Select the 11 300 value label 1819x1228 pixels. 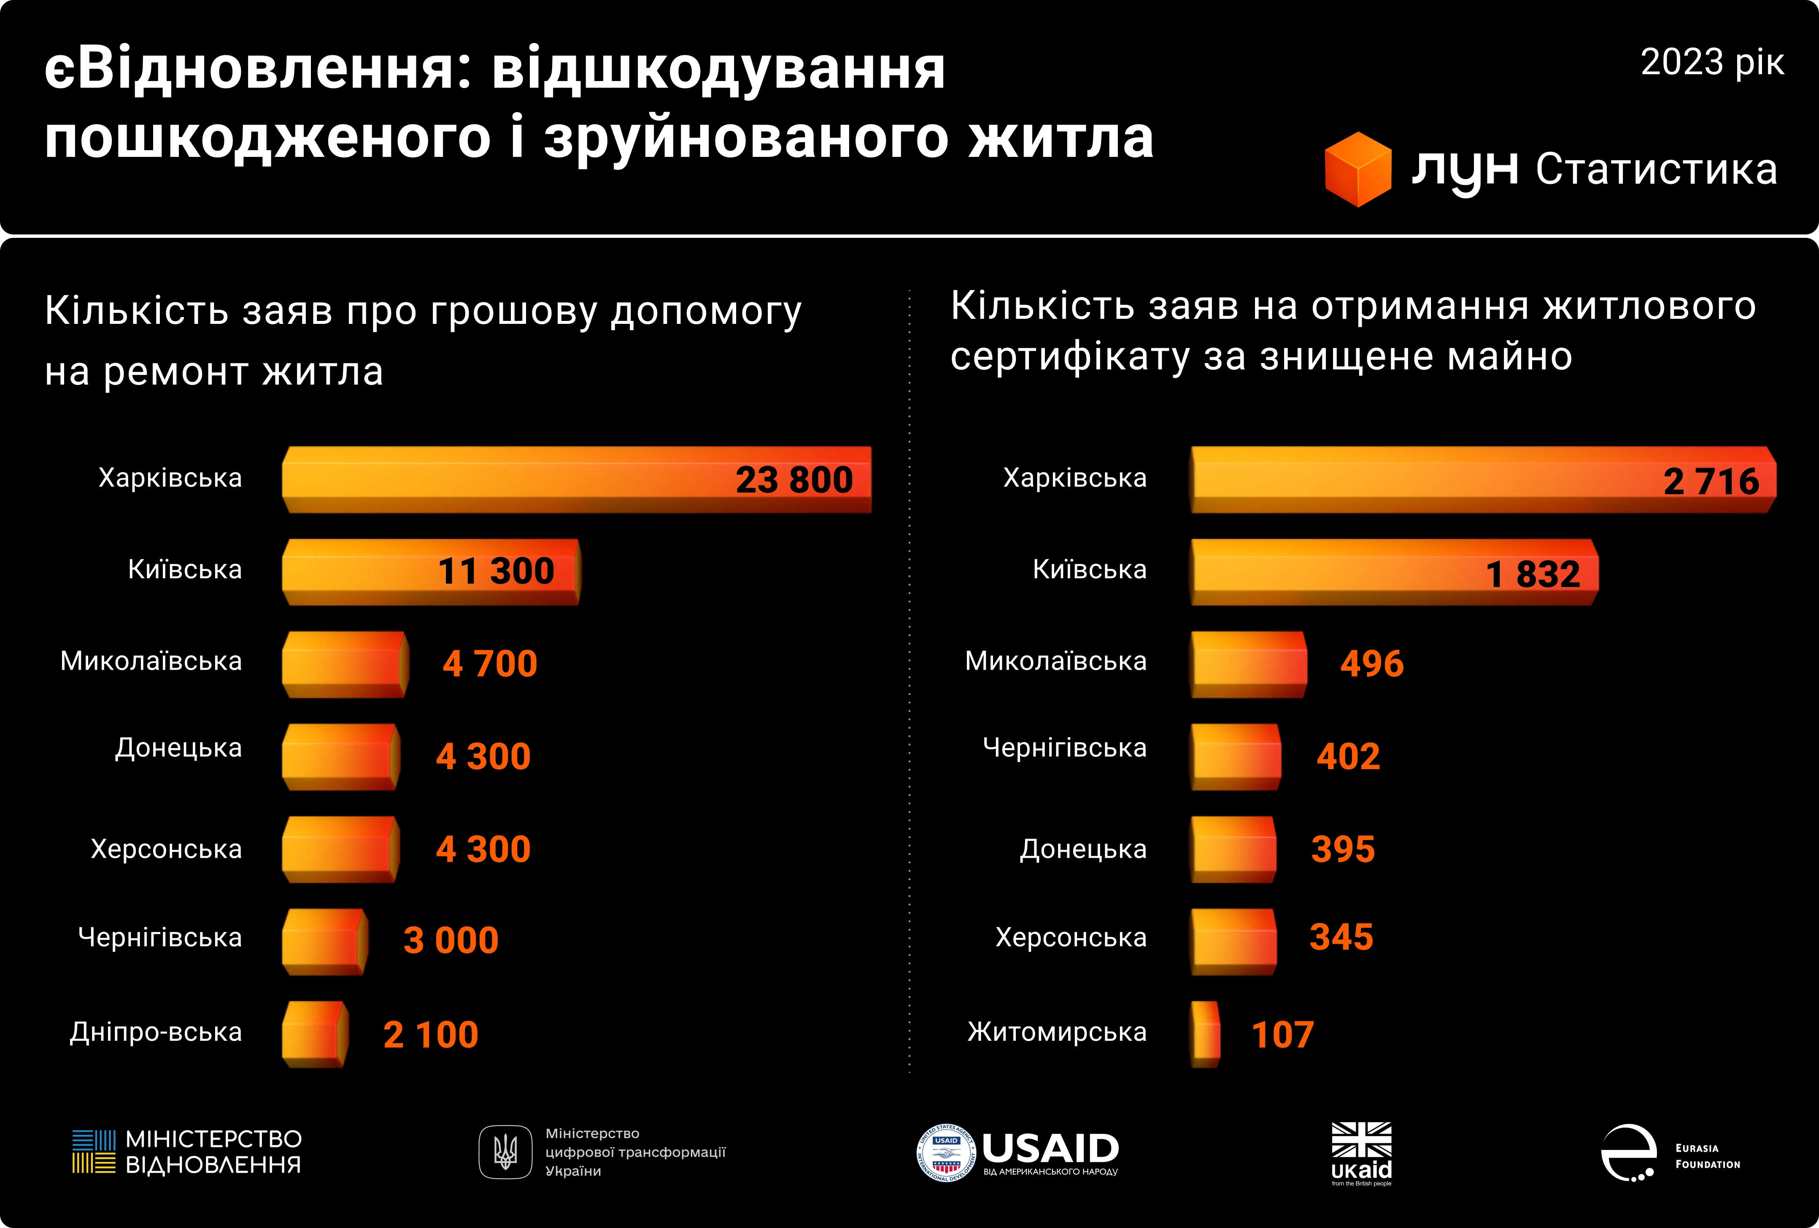[x=496, y=571]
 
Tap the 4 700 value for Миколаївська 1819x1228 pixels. [x=490, y=664]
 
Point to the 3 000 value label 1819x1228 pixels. [x=451, y=940]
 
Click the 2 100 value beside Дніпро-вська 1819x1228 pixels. [x=430, y=1035]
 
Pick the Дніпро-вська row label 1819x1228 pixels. [x=156, y=1032]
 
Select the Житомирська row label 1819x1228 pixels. [x=1057, y=1032]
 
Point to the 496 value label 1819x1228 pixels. [x=1372, y=664]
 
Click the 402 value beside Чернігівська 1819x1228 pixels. [x=1348, y=756]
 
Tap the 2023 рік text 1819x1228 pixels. [x=1712, y=62]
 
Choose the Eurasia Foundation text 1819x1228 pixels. [x=1707, y=1156]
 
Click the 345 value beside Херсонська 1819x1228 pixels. [x=1341, y=937]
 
